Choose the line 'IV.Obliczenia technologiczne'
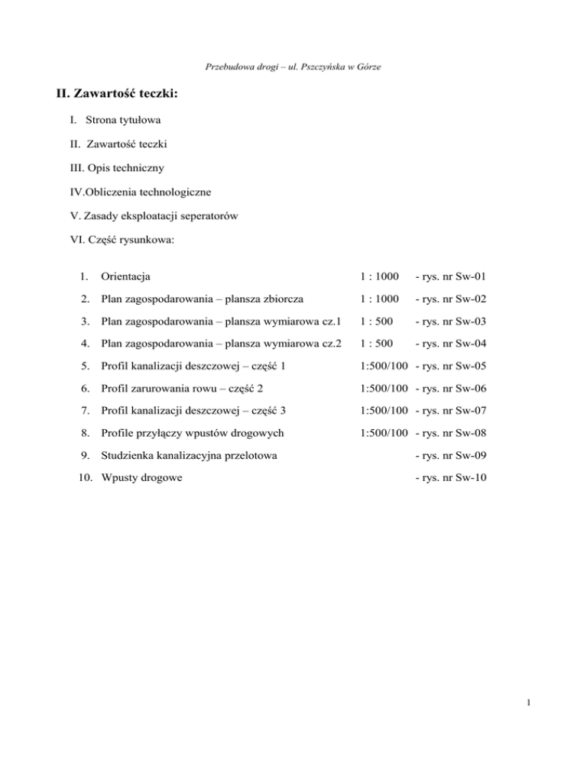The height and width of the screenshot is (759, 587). (143, 192)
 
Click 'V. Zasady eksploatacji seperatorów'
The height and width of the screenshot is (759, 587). (154, 215)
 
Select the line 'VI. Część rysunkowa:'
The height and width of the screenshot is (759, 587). (122, 239)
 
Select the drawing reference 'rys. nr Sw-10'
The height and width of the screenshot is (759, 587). (454, 482)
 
